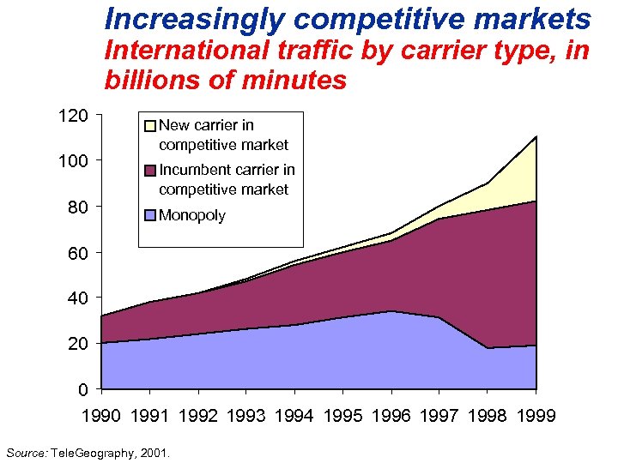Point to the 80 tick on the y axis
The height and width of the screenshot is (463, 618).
[79, 207]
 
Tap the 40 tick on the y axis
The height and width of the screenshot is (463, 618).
[79, 298]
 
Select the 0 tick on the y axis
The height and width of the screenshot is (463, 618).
[83, 389]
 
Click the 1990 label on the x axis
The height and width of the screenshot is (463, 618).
[101, 416]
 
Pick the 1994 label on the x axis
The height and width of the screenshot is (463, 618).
[294, 416]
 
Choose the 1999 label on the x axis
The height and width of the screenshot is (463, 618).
[536, 416]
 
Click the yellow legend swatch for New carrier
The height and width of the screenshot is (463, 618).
[150, 126]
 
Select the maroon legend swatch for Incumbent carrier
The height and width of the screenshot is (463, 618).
[150, 171]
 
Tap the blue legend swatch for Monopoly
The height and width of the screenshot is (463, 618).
[150, 215]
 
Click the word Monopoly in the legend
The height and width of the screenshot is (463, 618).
[192, 215]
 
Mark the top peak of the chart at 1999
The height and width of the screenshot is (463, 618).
[536, 136]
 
